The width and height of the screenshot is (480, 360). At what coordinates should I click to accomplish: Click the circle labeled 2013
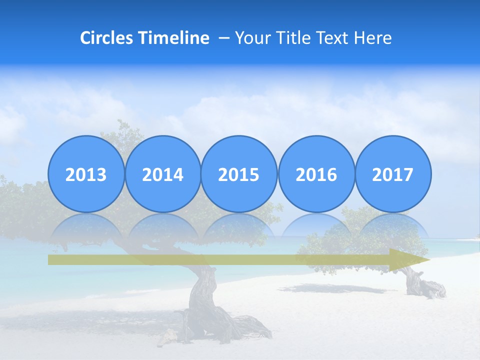pyautogui.click(x=86, y=174)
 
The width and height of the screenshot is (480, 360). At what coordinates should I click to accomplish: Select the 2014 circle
pyautogui.click(x=162, y=174)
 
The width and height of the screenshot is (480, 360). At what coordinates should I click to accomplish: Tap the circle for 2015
pyautogui.click(x=239, y=174)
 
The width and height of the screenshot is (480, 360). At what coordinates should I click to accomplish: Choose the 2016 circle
pyautogui.click(x=316, y=174)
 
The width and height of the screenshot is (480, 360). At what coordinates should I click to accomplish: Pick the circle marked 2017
pyautogui.click(x=392, y=174)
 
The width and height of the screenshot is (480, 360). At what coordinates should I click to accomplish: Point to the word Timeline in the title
pyautogui.click(x=174, y=38)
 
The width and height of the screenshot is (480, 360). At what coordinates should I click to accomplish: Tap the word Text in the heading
pyautogui.click(x=332, y=38)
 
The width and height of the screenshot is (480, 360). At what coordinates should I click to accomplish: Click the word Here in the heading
pyautogui.click(x=372, y=38)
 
